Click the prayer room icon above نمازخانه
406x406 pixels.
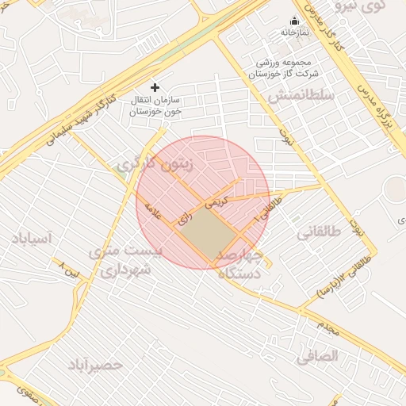click(295, 21)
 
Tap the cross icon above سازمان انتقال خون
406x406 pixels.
click(155, 86)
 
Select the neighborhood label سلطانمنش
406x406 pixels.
click(301, 95)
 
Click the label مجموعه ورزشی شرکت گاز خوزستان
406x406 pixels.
click(283, 68)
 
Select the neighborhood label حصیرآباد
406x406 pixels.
click(95, 365)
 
